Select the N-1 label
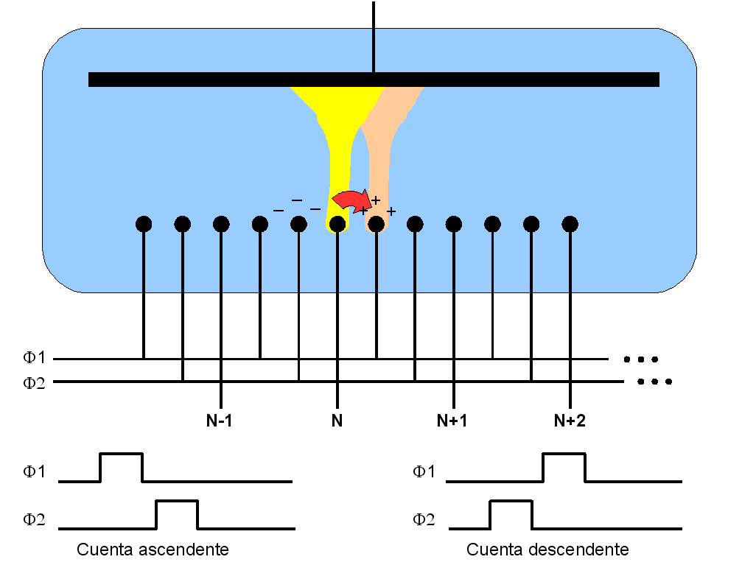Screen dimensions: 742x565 tap(219, 420)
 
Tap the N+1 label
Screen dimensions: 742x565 tap(452, 420)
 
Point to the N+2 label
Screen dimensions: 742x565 tap(570, 420)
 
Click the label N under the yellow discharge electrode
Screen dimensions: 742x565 tap(337, 420)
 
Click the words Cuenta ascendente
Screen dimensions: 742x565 tap(153, 550)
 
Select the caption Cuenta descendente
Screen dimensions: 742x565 tap(547, 550)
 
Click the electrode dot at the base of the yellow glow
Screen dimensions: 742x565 tap(337, 224)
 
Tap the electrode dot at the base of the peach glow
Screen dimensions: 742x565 tap(377, 224)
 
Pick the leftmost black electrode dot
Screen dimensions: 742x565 tap(144, 224)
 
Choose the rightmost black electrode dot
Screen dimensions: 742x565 tap(570, 224)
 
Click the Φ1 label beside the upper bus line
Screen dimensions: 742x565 tap(34, 357)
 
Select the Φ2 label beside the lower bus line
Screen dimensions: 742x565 tap(34, 382)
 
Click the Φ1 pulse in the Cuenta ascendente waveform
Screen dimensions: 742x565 tap(121, 454)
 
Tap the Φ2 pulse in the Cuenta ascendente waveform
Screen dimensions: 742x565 tap(177, 501)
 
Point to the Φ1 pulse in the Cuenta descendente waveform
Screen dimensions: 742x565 tap(564, 454)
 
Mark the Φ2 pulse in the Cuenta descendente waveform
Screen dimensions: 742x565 tap(511, 501)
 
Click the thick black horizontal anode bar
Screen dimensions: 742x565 tap(374, 80)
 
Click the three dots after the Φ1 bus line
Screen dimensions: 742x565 tap(641, 359)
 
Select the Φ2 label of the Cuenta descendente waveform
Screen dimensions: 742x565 tap(424, 519)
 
